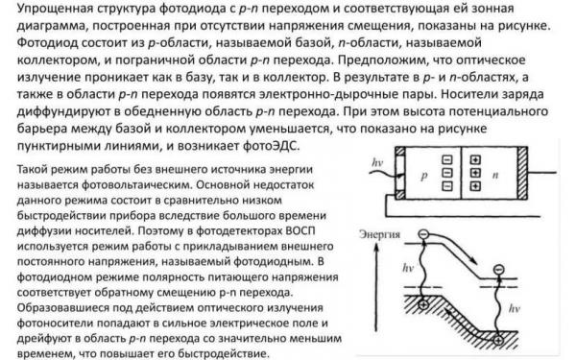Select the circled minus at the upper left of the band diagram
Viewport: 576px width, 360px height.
click(422, 233)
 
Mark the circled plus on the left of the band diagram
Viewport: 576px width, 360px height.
click(423, 303)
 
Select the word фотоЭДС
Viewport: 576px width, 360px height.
click(272, 147)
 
